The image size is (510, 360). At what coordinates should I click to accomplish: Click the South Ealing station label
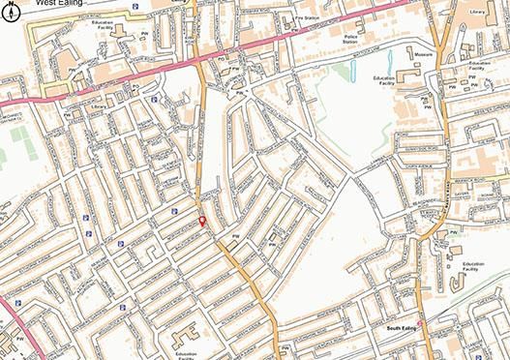pyautogui.click(x=401, y=329)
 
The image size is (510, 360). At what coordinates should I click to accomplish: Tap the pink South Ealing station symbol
pyautogui.click(x=419, y=321)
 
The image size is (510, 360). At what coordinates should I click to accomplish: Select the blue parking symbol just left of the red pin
pyautogui.click(x=174, y=212)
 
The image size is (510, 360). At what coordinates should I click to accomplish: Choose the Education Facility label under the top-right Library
pyautogui.click(x=476, y=67)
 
